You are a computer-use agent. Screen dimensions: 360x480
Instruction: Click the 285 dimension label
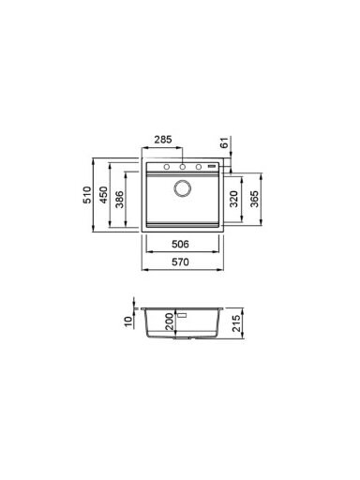pyautogui.click(x=163, y=140)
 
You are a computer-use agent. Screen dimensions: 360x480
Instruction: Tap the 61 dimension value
pyautogui.click(x=224, y=144)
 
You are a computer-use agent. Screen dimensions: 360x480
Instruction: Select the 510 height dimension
pyautogui.click(x=87, y=195)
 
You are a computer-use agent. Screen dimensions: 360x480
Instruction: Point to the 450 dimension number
pyautogui.click(x=103, y=195)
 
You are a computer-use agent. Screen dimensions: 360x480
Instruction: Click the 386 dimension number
pyautogui.click(x=119, y=199)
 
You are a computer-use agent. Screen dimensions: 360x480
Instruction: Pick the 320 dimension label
pyautogui.click(x=233, y=199)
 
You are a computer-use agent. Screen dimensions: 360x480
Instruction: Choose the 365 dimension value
pyautogui.click(x=254, y=199)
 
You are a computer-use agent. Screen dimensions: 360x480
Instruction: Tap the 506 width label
pyautogui.click(x=180, y=244)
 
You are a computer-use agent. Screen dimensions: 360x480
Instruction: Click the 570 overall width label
pyautogui.click(x=180, y=262)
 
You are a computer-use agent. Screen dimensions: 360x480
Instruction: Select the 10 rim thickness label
pyautogui.click(x=128, y=322)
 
